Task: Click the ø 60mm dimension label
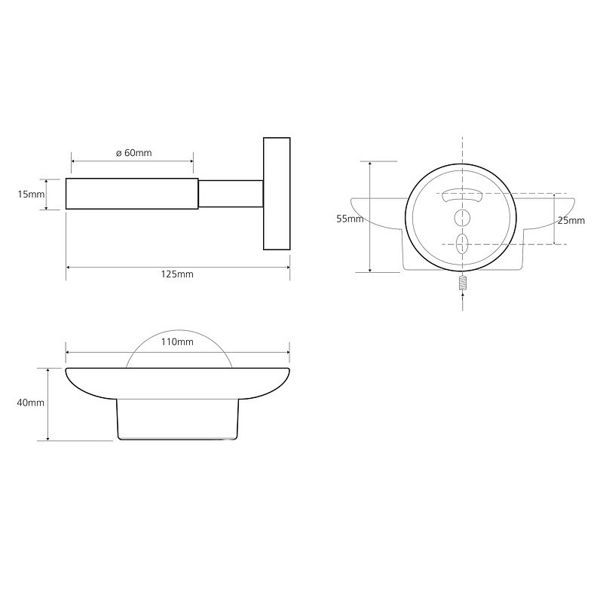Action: (x=134, y=153)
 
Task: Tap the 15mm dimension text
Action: (x=31, y=194)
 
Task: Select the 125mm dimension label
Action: (x=177, y=274)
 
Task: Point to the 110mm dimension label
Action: (x=177, y=342)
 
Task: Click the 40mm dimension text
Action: (x=30, y=403)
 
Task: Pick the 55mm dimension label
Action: (x=350, y=219)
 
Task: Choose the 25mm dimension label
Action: (x=571, y=220)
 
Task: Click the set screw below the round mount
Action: (x=463, y=283)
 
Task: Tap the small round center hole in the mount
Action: (x=462, y=218)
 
